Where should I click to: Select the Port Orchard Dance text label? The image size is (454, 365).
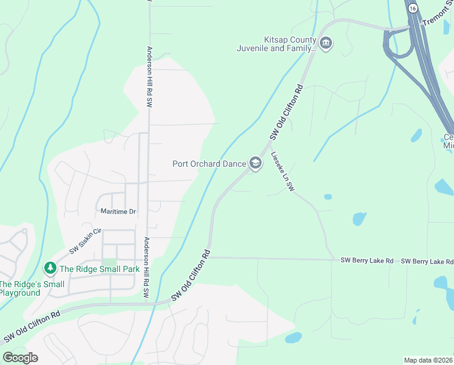[x=209, y=164]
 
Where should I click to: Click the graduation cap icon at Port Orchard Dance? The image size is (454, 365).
[x=256, y=164]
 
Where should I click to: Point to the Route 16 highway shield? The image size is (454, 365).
[x=412, y=9]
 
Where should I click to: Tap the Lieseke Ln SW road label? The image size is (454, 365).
[x=283, y=172]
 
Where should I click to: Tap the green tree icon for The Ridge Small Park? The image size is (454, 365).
[x=49, y=268]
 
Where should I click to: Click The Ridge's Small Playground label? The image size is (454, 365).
[x=32, y=288]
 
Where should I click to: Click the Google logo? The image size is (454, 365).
[x=20, y=357]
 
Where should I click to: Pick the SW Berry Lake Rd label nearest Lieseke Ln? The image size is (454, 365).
[x=367, y=260]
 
